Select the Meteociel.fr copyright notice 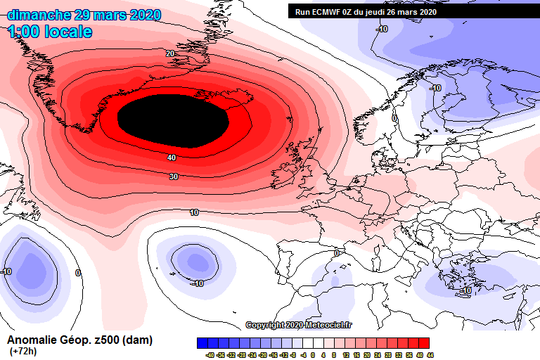[x=299, y=325]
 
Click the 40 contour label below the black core [x=172, y=157]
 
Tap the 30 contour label [x=174, y=176]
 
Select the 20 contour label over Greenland [x=170, y=53]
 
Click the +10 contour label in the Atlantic [x=194, y=212]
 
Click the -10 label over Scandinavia [x=435, y=88]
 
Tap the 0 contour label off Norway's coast [x=394, y=118]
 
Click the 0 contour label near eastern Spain [x=337, y=253]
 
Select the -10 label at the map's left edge [x=7, y=271]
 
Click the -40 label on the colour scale [x=210, y=354]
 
